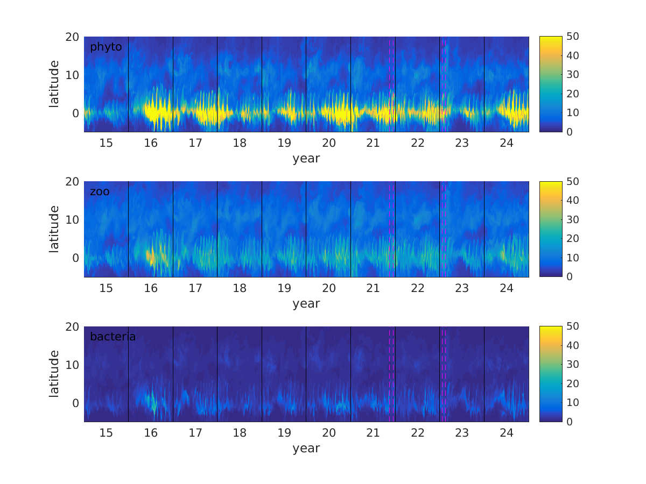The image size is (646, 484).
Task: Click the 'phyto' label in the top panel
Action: pyautogui.click(x=106, y=47)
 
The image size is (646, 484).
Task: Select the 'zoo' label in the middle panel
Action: pyautogui.click(x=99, y=191)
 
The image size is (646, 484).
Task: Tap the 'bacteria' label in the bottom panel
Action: pyautogui.click(x=113, y=337)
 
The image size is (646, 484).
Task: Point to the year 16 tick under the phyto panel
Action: pyautogui.click(x=151, y=143)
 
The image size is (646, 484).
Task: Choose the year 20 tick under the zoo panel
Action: pyautogui.click(x=328, y=288)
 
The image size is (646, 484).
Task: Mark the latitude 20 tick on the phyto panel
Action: pyautogui.click(x=73, y=37)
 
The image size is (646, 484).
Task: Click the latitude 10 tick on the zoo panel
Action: pyautogui.click(x=73, y=219)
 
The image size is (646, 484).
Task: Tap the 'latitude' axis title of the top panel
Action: pyautogui.click(x=54, y=84)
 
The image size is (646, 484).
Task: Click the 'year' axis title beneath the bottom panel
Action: pyautogui.click(x=306, y=448)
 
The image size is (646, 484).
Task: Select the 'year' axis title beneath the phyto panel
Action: pyautogui.click(x=306, y=158)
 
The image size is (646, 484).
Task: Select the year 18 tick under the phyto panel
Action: pyautogui.click(x=240, y=143)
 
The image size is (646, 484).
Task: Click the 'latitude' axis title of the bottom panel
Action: pyautogui.click(x=54, y=374)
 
